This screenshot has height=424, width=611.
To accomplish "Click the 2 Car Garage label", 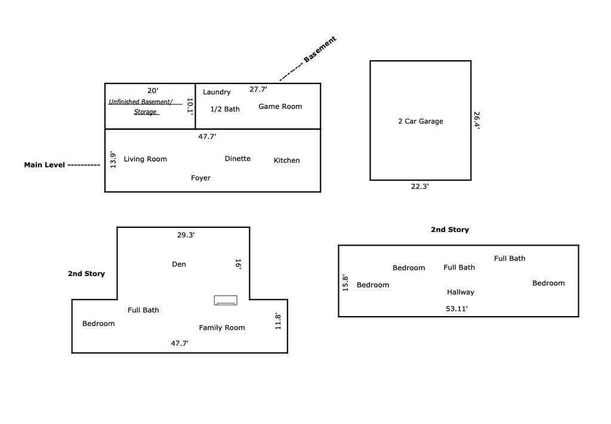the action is click(x=421, y=121).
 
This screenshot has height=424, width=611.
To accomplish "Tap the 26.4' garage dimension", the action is click(x=477, y=120).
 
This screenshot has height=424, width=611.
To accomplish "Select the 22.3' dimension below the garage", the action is click(x=419, y=187).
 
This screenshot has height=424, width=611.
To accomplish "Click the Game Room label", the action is click(x=280, y=106).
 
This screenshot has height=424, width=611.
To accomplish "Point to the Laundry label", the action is click(x=217, y=92).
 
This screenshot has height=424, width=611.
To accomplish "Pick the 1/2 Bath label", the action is click(x=225, y=109).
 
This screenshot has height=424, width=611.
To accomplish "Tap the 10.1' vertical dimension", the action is click(x=190, y=106).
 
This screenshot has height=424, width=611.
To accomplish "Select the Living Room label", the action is click(x=146, y=159).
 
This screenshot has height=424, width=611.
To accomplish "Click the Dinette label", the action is click(x=237, y=159).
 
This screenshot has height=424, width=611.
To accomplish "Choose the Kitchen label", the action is click(x=287, y=160).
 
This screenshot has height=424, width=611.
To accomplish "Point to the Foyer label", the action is click(x=200, y=178).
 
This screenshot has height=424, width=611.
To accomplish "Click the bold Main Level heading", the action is click(x=44, y=165).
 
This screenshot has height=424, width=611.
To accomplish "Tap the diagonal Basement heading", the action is click(x=320, y=49).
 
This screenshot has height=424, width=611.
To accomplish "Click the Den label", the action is click(x=179, y=264).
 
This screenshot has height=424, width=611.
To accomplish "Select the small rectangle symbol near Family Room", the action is click(x=226, y=300).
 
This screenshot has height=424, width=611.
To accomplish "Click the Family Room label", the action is click(x=222, y=327).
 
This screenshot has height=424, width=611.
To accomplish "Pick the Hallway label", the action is click(x=461, y=292).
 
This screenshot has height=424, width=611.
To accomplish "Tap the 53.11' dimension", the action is click(x=456, y=309).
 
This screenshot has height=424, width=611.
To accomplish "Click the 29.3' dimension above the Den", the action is click(x=186, y=235).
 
